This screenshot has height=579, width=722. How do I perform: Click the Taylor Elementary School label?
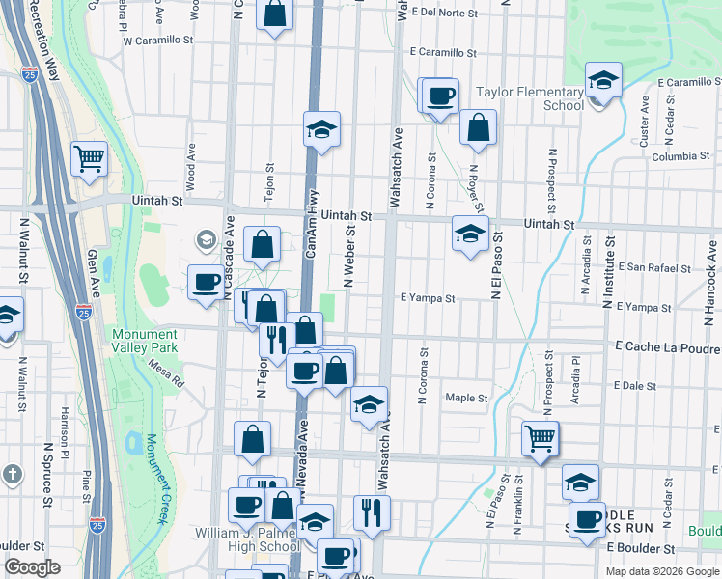click(x=530, y=99)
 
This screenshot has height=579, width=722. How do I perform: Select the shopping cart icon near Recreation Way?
click(x=89, y=158)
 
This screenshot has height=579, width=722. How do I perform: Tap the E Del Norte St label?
click(x=444, y=13)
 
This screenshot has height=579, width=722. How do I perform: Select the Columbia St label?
click(x=680, y=156)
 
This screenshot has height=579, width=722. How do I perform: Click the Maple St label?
click(x=466, y=398)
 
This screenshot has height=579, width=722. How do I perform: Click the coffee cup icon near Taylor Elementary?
click(x=441, y=96)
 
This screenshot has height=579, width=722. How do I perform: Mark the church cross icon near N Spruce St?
click(x=12, y=475)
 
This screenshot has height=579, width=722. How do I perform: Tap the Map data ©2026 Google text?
click(x=661, y=571)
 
